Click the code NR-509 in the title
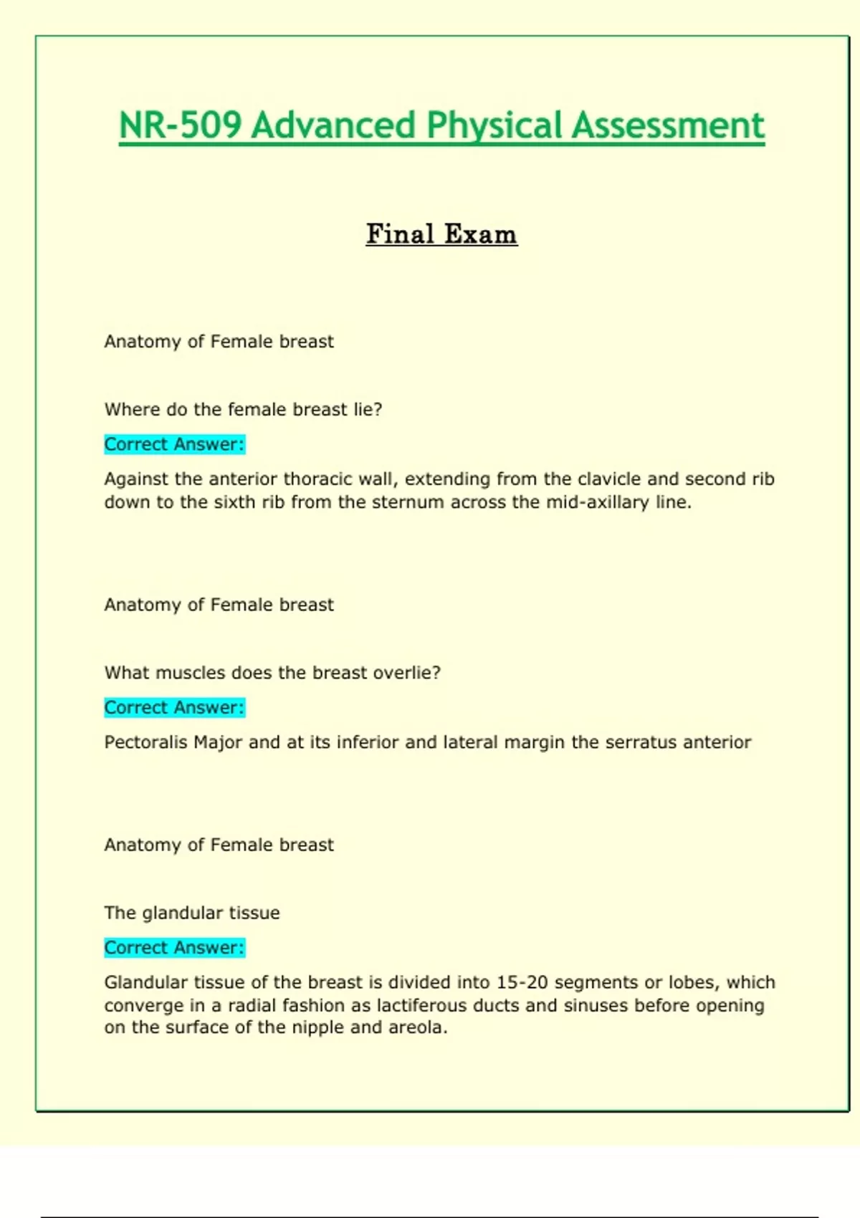tap(181, 125)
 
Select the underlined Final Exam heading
tap(441, 234)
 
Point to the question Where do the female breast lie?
tap(243, 410)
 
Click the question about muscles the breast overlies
tap(272, 673)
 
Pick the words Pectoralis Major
tap(173, 742)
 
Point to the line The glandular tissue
tap(192, 913)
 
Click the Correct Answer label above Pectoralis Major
tap(174, 708)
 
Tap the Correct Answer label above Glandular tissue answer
tap(174, 948)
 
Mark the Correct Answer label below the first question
tap(174, 444)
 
